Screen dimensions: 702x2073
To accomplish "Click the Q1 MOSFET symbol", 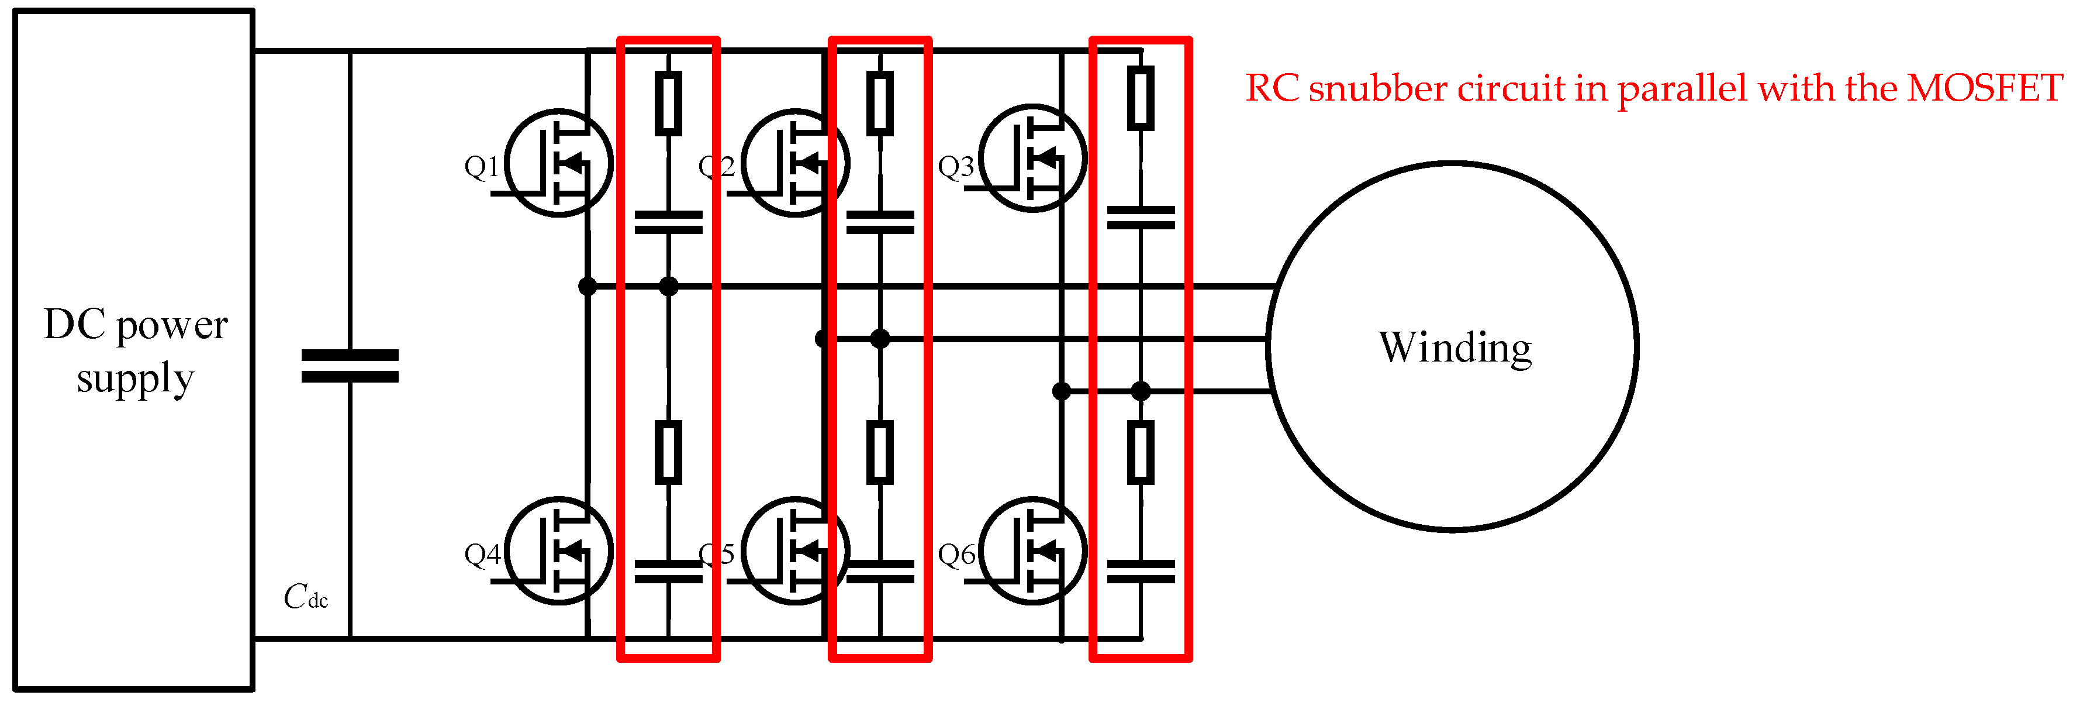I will coord(559,163).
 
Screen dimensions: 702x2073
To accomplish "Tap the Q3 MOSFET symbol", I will coord(1033,159).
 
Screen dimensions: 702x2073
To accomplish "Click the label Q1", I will coord(481,167).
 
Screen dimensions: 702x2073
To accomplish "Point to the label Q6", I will coord(956,555).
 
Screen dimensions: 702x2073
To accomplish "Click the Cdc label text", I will coord(305,597).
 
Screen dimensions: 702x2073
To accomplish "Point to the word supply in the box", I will coord(135,378).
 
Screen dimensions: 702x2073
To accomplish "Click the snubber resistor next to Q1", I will coord(668,103).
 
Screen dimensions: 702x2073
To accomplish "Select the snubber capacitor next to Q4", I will coord(668,572).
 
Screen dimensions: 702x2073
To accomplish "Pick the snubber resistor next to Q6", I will coord(1141,452).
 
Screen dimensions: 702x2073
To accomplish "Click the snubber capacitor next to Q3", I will coord(1141,218).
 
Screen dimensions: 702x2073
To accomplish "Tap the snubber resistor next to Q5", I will coord(880,452).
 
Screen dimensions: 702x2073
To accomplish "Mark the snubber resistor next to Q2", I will coord(880,103).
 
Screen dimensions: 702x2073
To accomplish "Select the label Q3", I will coord(956,167).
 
